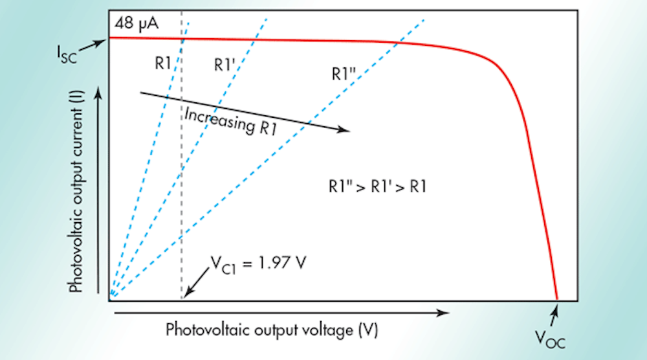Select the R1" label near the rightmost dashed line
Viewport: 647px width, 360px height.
click(343, 74)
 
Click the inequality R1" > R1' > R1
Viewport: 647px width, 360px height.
click(376, 188)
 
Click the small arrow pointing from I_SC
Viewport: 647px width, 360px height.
click(96, 43)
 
